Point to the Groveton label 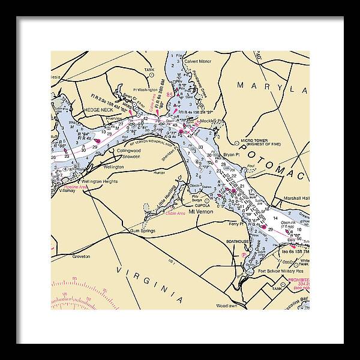pyautogui.click(x=81, y=256)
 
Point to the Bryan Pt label pyautogui.click(x=231, y=154)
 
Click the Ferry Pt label pyautogui.click(x=238, y=224)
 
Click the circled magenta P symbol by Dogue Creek pyautogui.click(x=242, y=254)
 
